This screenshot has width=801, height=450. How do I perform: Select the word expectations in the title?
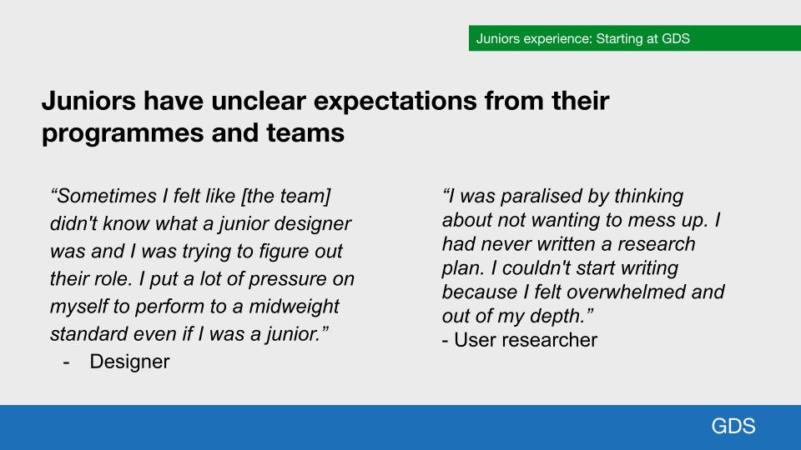point(395,102)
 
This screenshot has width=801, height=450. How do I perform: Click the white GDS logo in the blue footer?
point(733,426)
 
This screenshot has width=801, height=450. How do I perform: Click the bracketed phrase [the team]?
point(286,197)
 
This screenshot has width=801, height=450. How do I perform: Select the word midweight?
point(294,307)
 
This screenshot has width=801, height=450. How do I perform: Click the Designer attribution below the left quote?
point(129,362)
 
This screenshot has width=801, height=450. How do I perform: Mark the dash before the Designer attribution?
point(66,362)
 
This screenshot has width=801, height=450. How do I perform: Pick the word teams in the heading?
point(305,133)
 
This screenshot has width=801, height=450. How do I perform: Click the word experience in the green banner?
point(556,39)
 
